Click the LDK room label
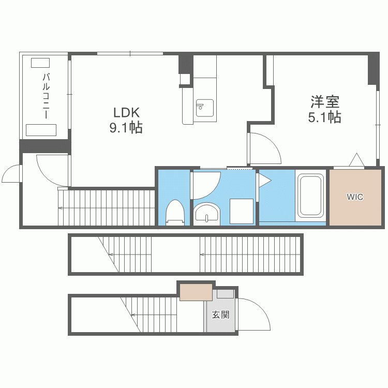tap(126, 113)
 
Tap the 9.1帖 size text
tap(126, 128)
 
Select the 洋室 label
tap(325, 102)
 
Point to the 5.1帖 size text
tap(325, 117)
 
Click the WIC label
tap(355, 197)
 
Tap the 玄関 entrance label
tap(220, 315)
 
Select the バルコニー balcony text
tap(46, 96)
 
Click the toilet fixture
tap(175, 212)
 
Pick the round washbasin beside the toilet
tap(206, 213)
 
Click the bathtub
tap(311, 195)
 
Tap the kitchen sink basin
tap(205, 108)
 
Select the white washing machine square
tap(242, 211)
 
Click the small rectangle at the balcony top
tap(40, 63)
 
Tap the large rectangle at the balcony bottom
tap(41, 130)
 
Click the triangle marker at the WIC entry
tap(356, 160)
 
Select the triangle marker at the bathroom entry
tap(264, 180)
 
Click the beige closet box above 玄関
tap(196, 292)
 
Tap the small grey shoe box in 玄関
tap(226, 294)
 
